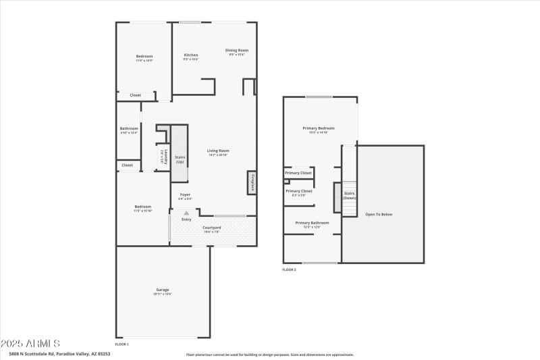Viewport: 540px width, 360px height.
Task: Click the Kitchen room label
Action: pyautogui.click(x=191, y=55)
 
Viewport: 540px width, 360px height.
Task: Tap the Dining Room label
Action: pyautogui.click(x=237, y=50)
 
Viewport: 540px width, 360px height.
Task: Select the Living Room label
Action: pyautogui.click(x=218, y=151)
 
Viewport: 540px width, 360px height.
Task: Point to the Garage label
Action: pyautogui.click(x=163, y=290)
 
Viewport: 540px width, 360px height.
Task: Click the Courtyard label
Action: pyautogui.click(x=212, y=228)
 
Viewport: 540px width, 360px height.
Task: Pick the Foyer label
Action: pyautogui.click(x=185, y=195)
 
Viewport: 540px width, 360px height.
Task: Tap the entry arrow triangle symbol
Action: pyautogui.click(x=186, y=212)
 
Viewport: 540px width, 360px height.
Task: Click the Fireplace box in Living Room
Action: pyautogui.click(x=252, y=182)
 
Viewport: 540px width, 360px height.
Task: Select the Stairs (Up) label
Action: pyautogui.click(x=180, y=159)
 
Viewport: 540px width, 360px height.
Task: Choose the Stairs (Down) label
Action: pyautogui.click(x=350, y=195)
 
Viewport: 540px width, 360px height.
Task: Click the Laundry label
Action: pyautogui.click(x=163, y=157)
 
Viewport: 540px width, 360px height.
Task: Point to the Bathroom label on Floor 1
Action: pyautogui.click(x=129, y=128)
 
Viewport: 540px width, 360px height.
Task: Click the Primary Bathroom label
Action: pyautogui.click(x=312, y=222)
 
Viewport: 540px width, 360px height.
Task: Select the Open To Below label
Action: pyautogui.click(x=379, y=214)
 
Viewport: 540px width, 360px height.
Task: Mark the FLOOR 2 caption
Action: pyautogui.click(x=289, y=269)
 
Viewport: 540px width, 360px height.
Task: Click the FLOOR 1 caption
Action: pyautogui.click(x=122, y=344)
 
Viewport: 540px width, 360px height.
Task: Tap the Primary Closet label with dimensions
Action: pyautogui.click(x=299, y=191)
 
